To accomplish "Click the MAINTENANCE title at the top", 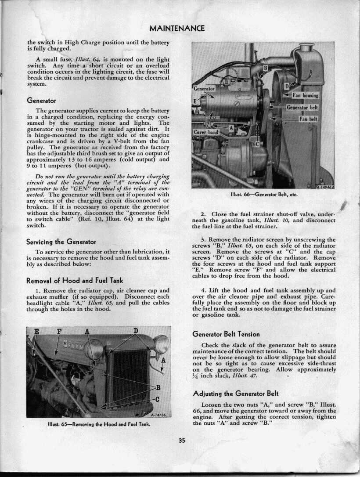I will click(177, 29).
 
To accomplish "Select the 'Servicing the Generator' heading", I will click(61, 242).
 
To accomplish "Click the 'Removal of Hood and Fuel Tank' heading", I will click(75, 281).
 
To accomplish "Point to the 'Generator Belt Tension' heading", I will click(226, 334).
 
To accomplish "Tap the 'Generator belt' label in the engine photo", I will click(302, 107).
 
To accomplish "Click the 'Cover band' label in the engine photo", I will click(206, 132).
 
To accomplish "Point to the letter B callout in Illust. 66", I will click(265, 68).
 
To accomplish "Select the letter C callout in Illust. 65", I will click(157, 399).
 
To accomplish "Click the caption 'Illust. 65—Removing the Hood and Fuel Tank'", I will click(99, 424).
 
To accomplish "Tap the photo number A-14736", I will click(158, 414).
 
